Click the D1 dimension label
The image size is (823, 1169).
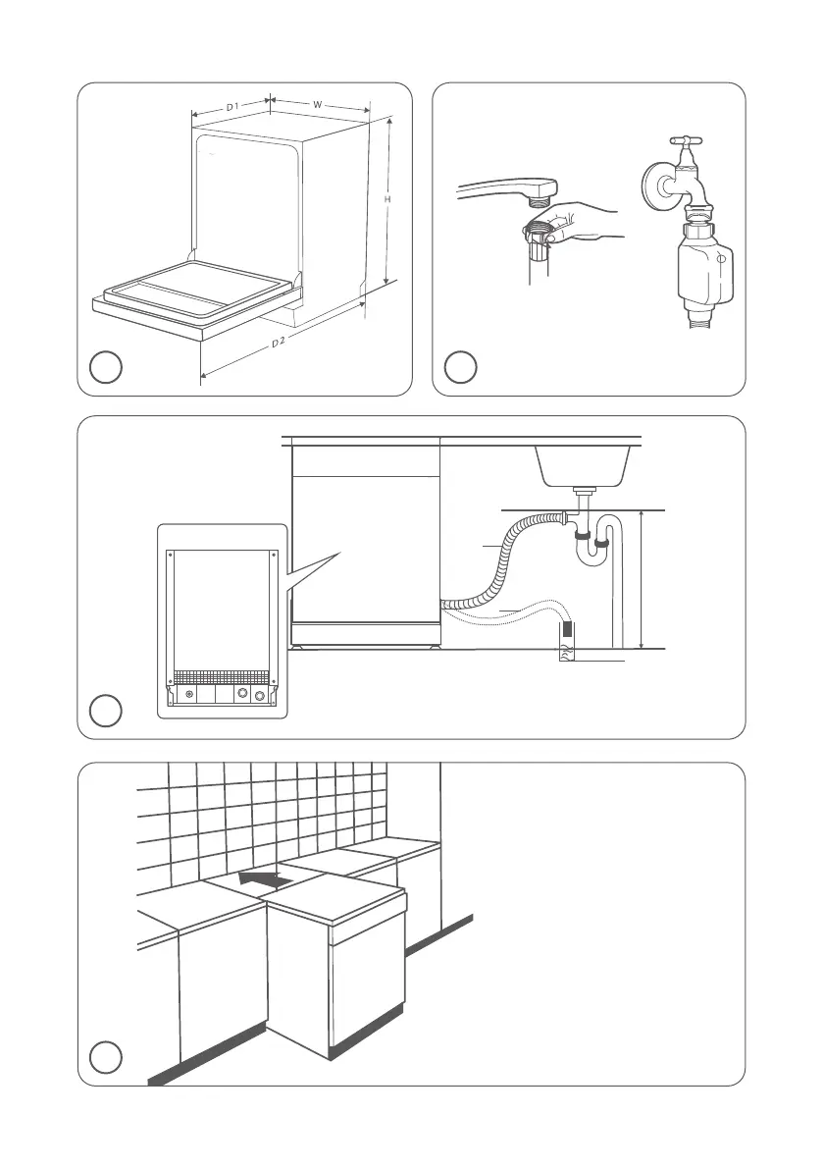[x=233, y=105]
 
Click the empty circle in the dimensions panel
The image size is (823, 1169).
[x=106, y=368]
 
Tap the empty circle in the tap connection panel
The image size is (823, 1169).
[x=460, y=368]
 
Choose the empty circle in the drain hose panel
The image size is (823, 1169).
[x=106, y=710]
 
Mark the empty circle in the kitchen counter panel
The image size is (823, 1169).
[x=106, y=1057]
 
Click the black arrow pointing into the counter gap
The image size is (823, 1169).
[x=264, y=880]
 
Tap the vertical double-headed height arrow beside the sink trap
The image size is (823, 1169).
[x=641, y=579]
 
